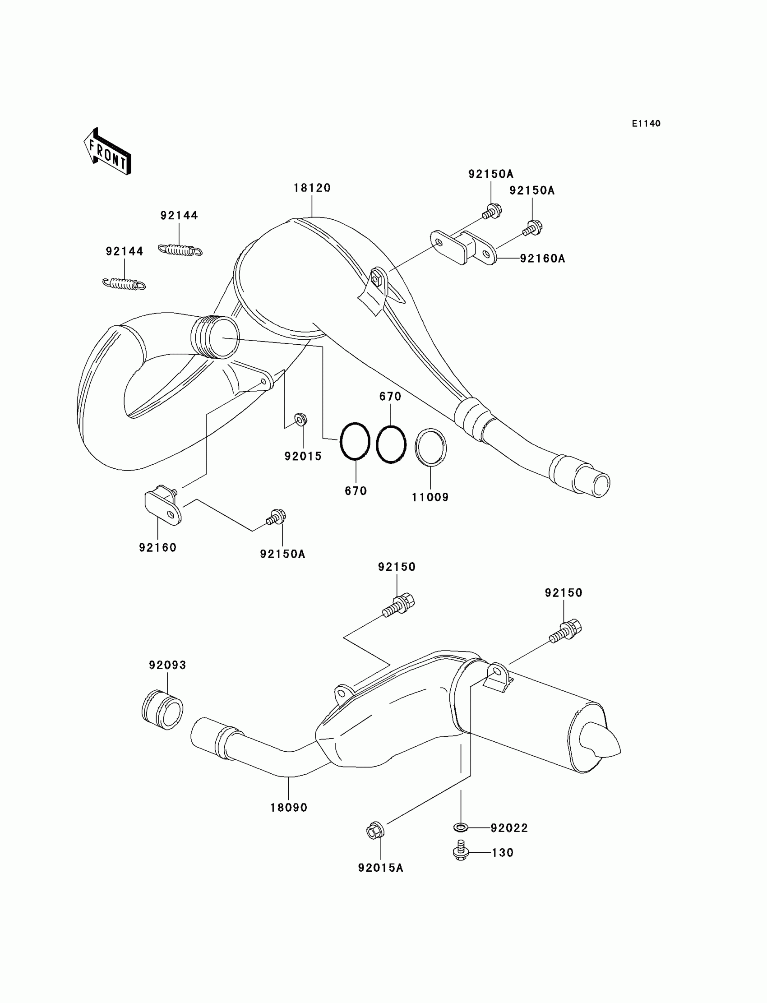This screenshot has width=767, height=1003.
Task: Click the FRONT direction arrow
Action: (108, 151)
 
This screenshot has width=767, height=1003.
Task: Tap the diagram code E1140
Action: (646, 124)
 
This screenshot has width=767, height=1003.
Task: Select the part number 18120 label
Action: (312, 188)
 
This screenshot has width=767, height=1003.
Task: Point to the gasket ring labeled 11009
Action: (430, 448)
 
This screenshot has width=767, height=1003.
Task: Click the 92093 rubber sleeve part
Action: (162, 716)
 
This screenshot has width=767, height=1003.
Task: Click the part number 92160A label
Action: (542, 259)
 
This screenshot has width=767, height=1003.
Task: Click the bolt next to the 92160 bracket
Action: (276, 517)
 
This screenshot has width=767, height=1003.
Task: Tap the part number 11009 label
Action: (430, 497)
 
